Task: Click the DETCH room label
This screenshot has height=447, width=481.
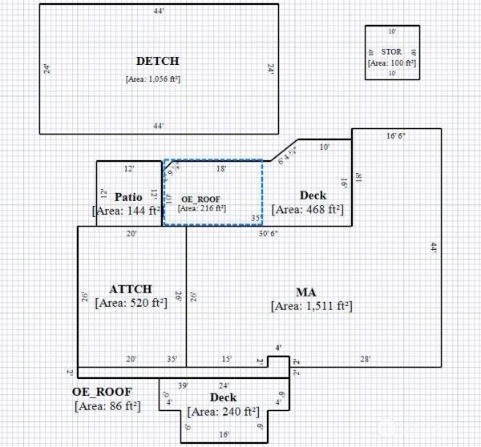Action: [158, 61]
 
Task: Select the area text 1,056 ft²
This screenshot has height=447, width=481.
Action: [158, 79]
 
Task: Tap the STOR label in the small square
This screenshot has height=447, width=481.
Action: [392, 52]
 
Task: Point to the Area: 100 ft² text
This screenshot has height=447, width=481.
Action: [392, 62]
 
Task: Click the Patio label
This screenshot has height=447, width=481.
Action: [128, 196]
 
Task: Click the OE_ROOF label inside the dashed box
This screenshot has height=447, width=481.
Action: [200, 199]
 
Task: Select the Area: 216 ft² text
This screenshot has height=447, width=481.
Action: [202, 208]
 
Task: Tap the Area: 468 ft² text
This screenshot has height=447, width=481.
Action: [308, 210]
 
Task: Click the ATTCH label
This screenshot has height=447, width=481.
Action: [131, 289]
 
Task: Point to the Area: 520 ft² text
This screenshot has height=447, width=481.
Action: [131, 303]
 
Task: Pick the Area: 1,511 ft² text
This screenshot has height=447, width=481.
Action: [312, 306]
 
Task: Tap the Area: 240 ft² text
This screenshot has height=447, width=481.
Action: [223, 412]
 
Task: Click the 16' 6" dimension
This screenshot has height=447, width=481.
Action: [396, 136]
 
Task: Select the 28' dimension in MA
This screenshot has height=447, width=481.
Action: [365, 360]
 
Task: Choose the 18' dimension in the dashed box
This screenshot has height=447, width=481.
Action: [222, 170]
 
